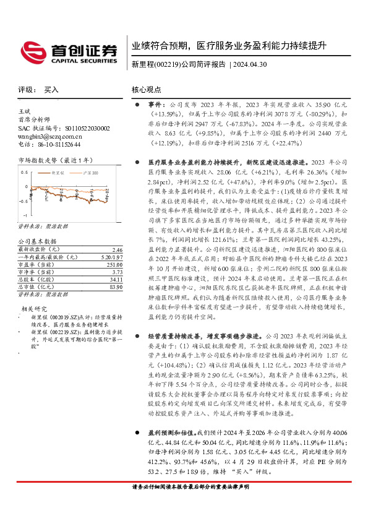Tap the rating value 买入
[x=51, y=90]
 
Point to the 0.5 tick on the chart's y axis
[x=25, y=173]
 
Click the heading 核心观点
[x=147, y=89]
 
